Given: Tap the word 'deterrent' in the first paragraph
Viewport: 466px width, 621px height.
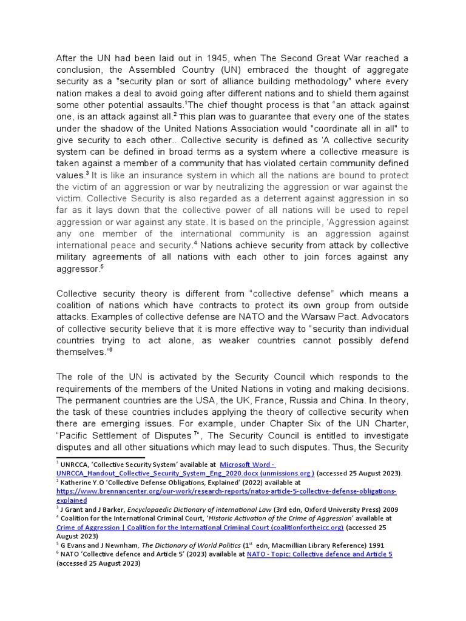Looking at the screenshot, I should pos(255,198).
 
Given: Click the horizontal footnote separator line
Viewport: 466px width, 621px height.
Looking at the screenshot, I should pos(100,457).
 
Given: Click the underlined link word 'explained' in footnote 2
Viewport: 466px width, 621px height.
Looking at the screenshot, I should pos(72,500).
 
